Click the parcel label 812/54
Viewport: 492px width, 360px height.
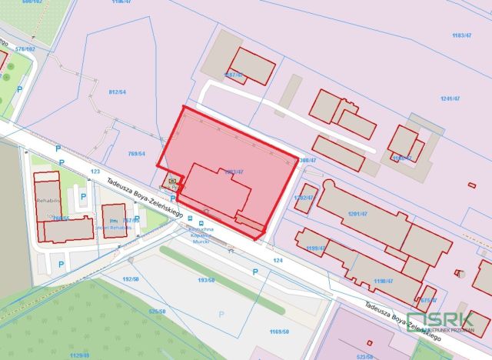pyautogui.click(x=117, y=92)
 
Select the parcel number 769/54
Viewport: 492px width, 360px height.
pyautogui.click(x=137, y=154)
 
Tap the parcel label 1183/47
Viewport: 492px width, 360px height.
pyautogui.click(x=461, y=36)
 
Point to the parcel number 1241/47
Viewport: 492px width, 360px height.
pyautogui.click(x=450, y=99)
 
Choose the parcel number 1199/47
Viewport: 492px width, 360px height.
pyautogui.click(x=316, y=248)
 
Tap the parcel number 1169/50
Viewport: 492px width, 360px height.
pyautogui.click(x=279, y=332)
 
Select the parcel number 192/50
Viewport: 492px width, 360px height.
pyautogui.click(x=130, y=278)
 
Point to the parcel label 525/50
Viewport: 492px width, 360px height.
pyautogui.click(x=157, y=312)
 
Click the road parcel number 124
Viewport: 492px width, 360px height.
pyautogui.click(x=278, y=262)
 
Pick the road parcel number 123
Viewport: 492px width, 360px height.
pyautogui.click(x=95, y=172)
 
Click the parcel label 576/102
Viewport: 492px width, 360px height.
pyautogui.click(x=25, y=49)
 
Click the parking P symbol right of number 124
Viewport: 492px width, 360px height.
pyautogui.click(x=254, y=272)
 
